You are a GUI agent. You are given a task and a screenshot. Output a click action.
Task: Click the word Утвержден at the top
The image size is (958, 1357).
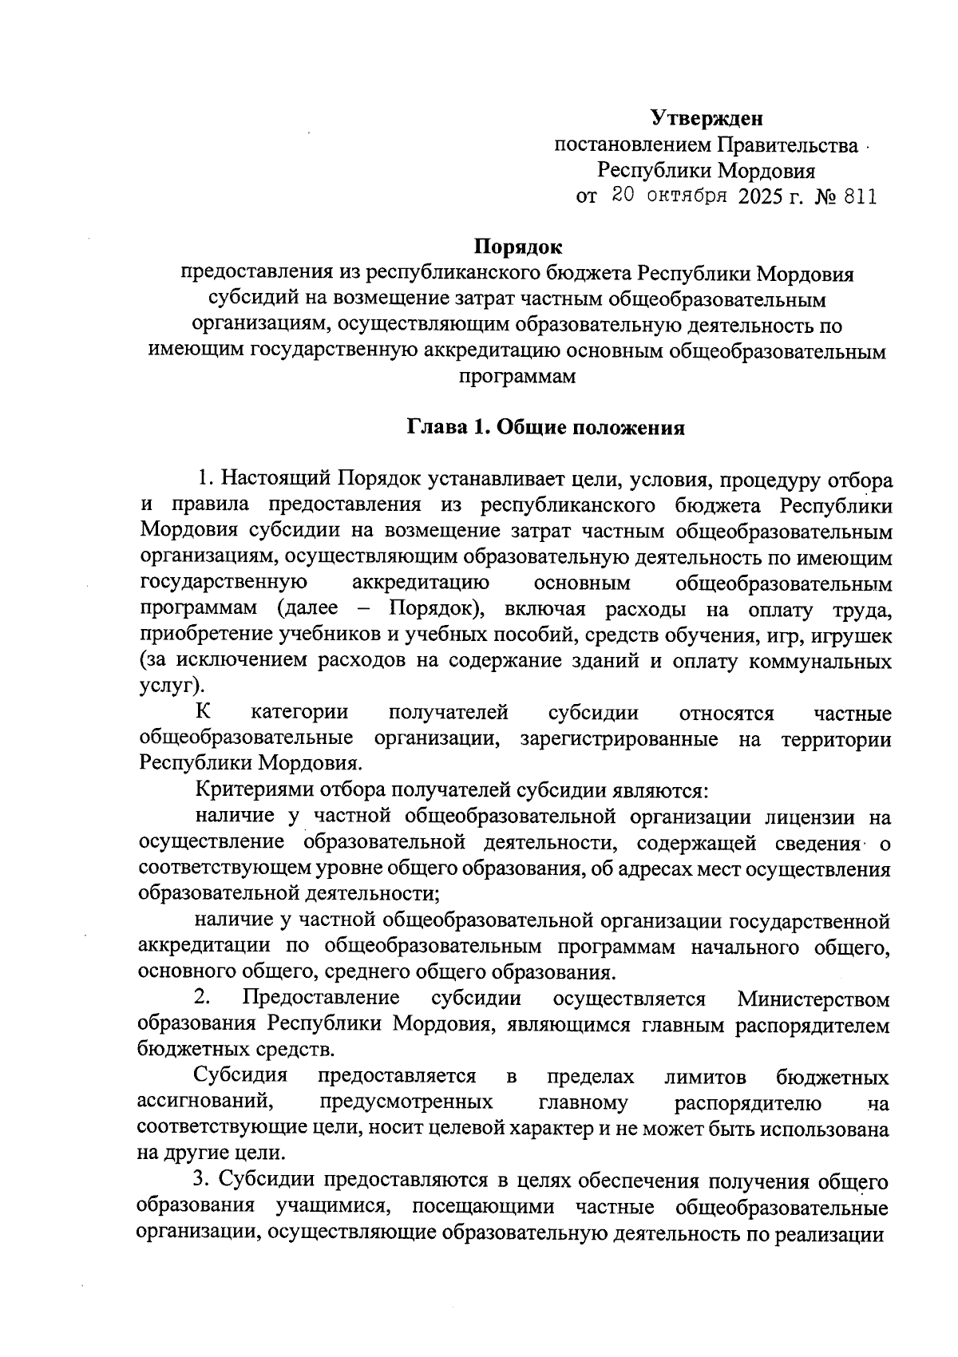(x=707, y=119)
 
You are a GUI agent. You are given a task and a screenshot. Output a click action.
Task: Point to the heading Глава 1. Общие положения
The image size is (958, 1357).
(x=547, y=428)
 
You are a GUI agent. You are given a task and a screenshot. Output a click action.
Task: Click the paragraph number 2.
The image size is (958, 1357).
(x=202, y=999)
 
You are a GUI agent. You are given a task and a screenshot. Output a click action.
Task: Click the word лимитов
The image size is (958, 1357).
(x=705, y=1077)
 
